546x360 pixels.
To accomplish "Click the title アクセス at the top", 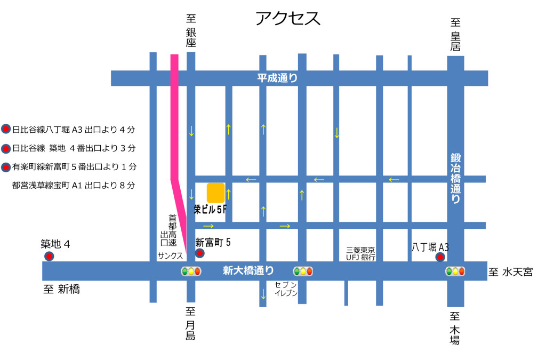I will pyautogui.click(x=288, y=19).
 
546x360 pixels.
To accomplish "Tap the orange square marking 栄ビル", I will pyautogui.click(x=215, y=193).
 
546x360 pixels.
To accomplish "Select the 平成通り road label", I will pyautogui.click(x=277, y=78).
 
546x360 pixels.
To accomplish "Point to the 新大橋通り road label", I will pyautogui.click(x=248, y=271).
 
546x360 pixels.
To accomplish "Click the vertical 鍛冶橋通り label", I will pyautogui.click(x=455, y=179).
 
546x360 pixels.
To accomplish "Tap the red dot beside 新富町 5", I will pyautogui.click(x=199, y=253).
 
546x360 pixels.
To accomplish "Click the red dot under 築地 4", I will pyautogui.click(x=49, y=257).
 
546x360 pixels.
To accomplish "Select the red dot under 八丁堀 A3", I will pyautogui.click(x=440, y=258).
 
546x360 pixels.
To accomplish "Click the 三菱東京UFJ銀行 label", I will pyautogui.click(x=361, y=254).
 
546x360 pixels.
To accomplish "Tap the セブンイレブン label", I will pyautogui.click(x=286, y=289).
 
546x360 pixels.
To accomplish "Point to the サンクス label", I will pyautogui.click(x=170, y=256).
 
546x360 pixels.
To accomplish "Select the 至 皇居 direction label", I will pyautogui.click(x=455, y=35).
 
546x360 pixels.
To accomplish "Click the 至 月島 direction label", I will pyautogui.click(x=191, y=323).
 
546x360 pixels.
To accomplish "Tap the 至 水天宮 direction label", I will pyautogui.click(x=510, y=273).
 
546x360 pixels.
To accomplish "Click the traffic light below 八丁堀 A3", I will pyautogui.click(x=455, y=271).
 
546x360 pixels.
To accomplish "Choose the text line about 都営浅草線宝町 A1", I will pyautogui.click(x=74, y=186).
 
